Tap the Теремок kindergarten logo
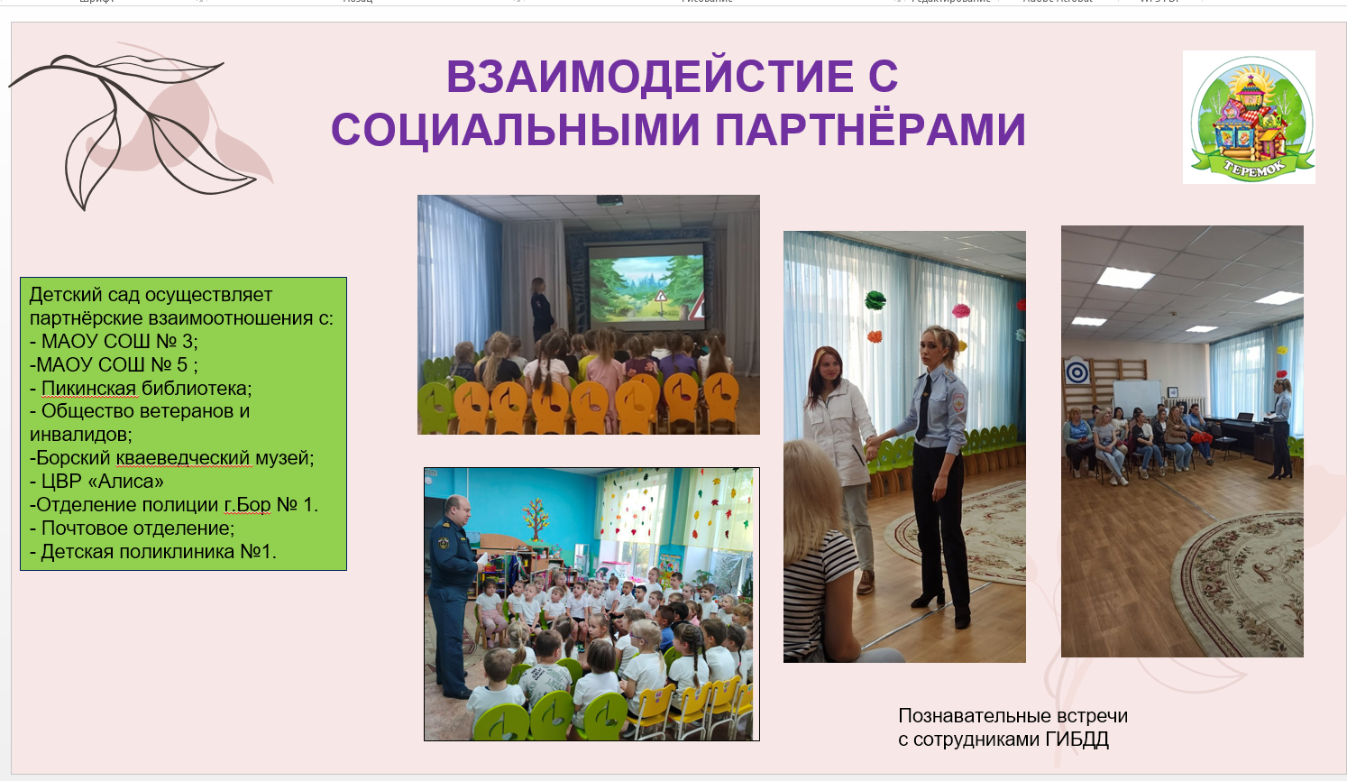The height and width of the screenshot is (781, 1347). coord(1249,117)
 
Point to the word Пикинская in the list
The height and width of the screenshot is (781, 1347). coord(88,388)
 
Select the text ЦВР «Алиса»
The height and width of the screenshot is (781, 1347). coord(102,482)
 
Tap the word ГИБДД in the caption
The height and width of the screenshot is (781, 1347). coord(1077,739)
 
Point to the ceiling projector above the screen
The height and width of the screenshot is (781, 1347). coord(609,200)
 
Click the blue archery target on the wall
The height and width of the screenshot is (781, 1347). coord(1077,372)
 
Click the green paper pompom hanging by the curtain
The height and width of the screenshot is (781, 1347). coord(875,299)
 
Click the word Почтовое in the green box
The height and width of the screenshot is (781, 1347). coord(87,528)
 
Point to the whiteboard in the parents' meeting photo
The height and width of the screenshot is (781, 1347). coord(1137,397)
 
